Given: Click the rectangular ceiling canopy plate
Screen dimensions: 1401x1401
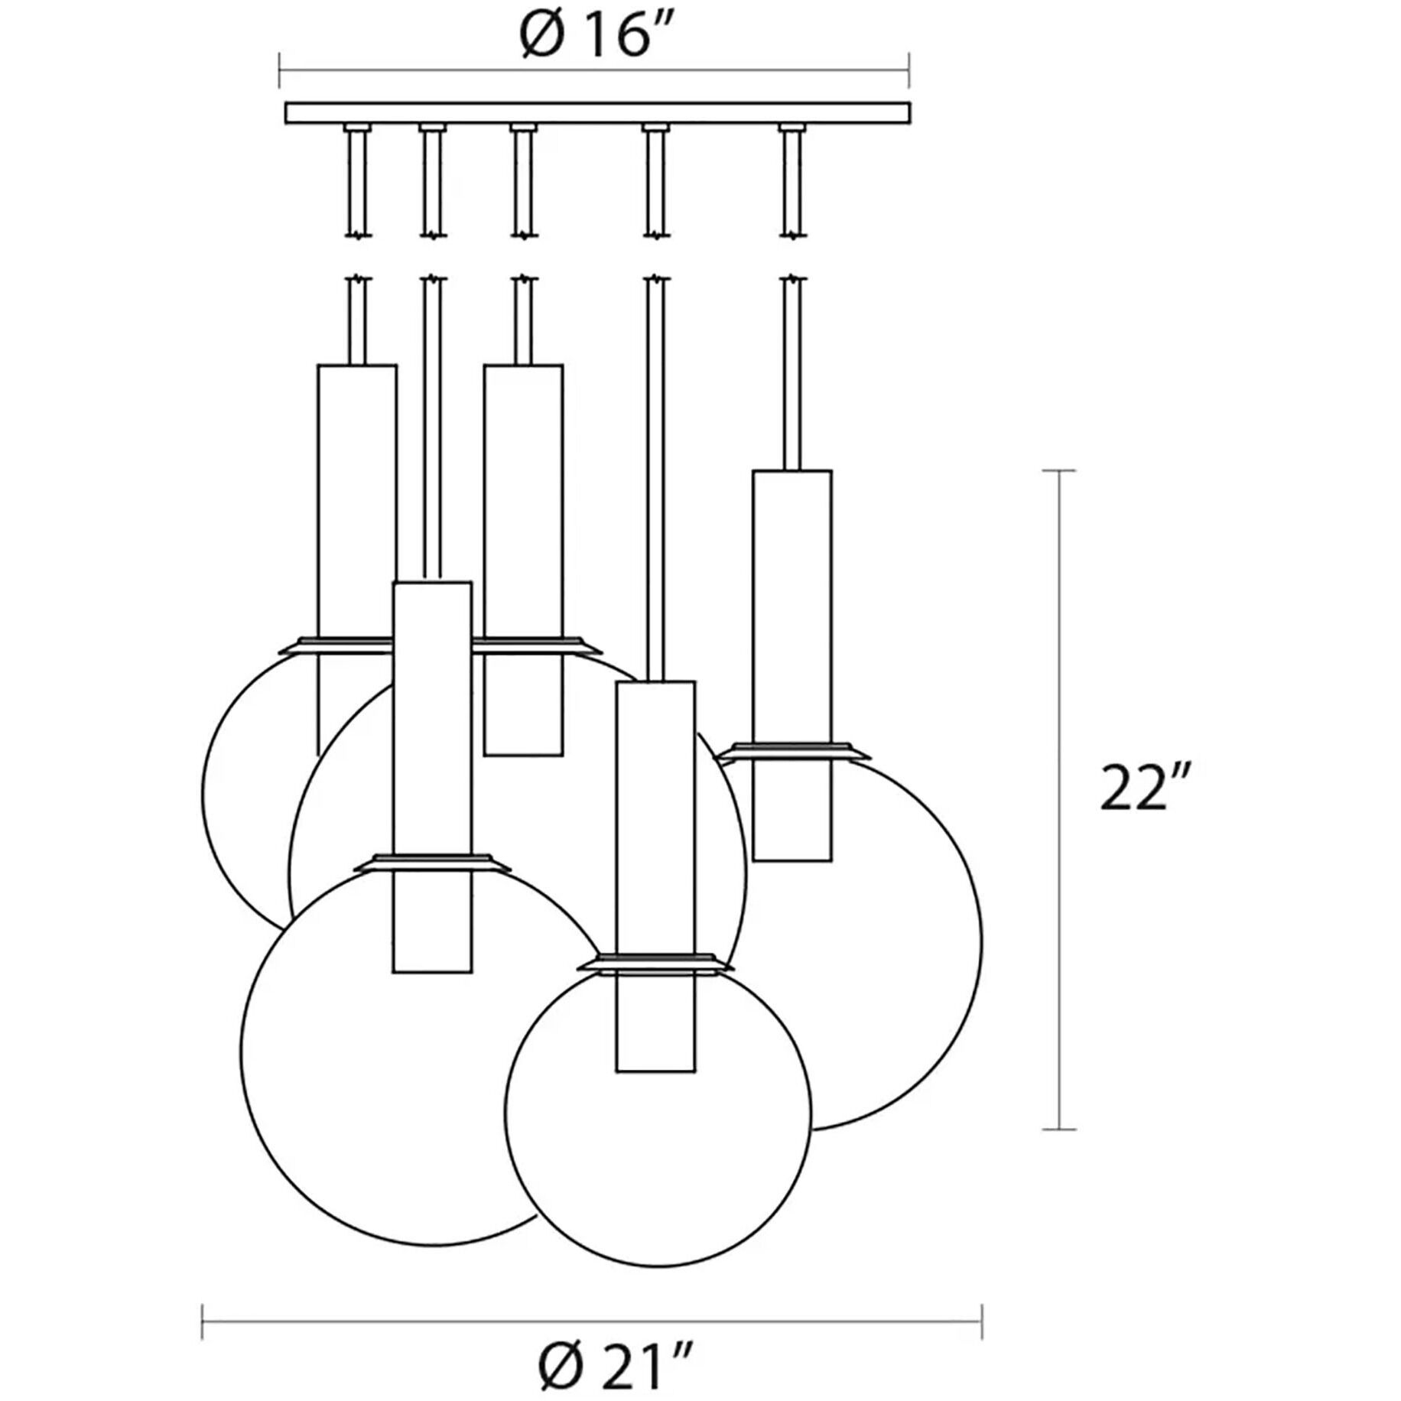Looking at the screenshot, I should (x=597, y=112).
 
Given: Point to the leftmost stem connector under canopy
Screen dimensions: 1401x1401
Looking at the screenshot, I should (x=356, y=128).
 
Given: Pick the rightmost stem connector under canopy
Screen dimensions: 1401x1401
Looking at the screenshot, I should (x=792, y=128).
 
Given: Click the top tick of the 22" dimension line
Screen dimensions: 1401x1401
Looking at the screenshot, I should (x=1059, y=471).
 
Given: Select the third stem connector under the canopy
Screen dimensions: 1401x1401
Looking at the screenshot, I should (x=522, y=128).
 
